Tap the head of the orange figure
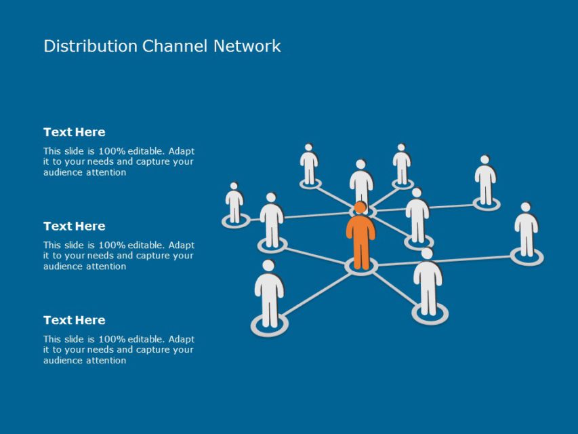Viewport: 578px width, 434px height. [x=360, y=208]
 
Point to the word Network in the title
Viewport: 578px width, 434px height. [x=247, y=46]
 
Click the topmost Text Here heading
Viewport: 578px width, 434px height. [x=75, y=132]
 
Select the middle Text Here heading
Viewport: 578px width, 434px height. [x=75, y=226]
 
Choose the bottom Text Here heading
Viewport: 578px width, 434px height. [x=75, y=320]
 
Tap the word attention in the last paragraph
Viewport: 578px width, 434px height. [x=106, y=361]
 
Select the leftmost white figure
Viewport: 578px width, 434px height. [x=234, y=203]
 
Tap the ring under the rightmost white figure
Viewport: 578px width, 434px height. [x=527, y=257]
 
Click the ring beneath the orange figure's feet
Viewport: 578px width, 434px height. [x=361, y=268]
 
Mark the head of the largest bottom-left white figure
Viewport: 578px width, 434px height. [x=268, y=265]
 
